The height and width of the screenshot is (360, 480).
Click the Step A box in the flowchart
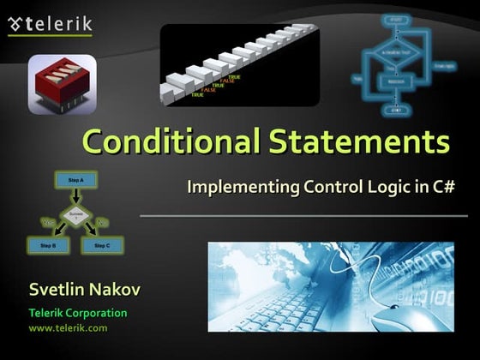click(75, 181)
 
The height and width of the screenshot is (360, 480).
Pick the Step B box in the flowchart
click(47, 246)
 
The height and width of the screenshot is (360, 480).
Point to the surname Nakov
click(116, 290)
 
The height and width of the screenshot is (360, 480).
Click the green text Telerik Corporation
click(78, 313)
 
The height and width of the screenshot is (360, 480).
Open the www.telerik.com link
click(68, 328)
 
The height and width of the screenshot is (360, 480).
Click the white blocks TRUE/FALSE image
click(239, 63)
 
